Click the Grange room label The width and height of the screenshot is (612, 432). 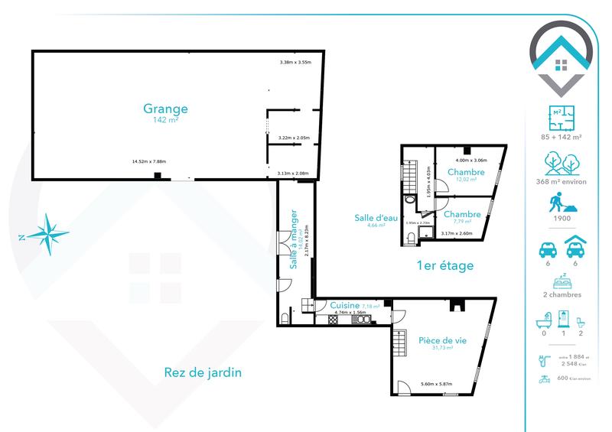[x=165, y=109]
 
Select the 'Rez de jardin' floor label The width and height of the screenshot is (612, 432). [x=203, y=372]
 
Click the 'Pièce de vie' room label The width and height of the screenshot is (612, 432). [x=441, y=339]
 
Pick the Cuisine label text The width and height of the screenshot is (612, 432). [x=334, y=305]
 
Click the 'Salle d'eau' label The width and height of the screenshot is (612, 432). [x=375, y=217]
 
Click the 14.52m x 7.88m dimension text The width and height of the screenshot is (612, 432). [x=150, y=161]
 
